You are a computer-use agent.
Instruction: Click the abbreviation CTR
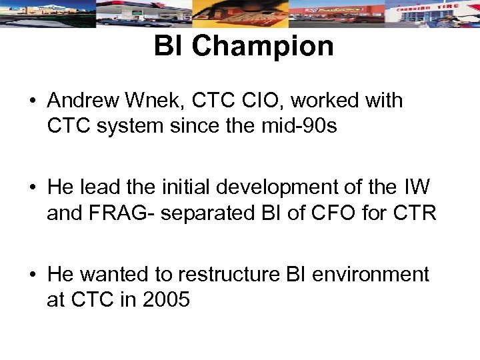click(x=414, y=213)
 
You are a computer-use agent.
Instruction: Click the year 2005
click(x=167, y=299)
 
